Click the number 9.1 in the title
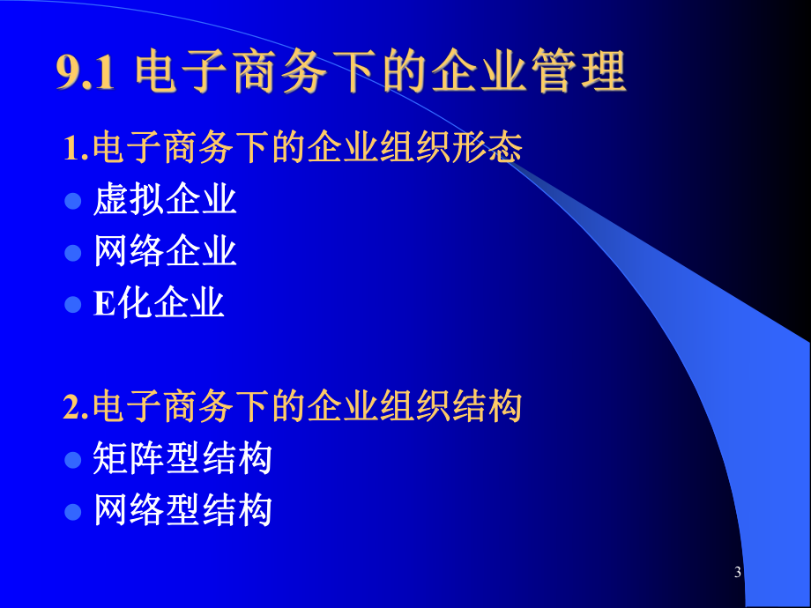(86, 74)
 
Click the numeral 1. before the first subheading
(77, 148)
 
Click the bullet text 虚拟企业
(165, 200)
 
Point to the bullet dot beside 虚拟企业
(73, 202)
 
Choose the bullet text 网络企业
(165, 252)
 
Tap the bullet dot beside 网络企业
(73, 253)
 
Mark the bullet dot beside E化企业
(73, 305)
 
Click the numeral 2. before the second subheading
(77, 407)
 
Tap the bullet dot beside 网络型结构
(73, 511)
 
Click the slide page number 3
(738, 574)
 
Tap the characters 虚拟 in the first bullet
(129, 200)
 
